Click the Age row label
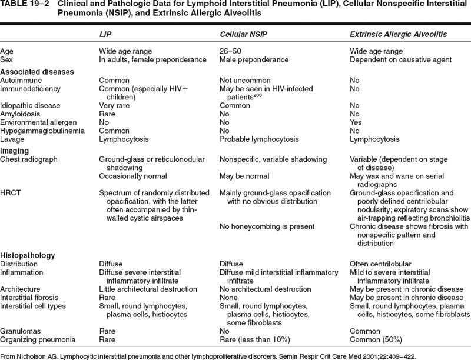point(7,51)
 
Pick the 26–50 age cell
point(230,51)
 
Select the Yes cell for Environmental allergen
point(356,122)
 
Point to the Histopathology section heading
point(28,256)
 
